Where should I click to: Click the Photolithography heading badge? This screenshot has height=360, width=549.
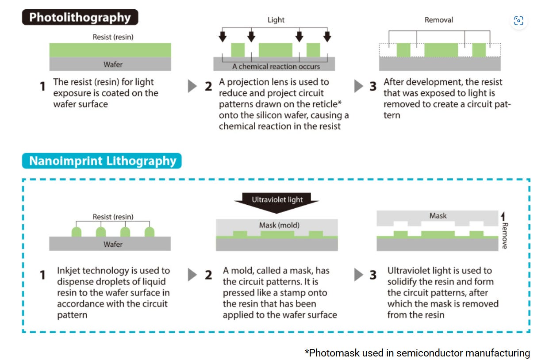click(80, 18)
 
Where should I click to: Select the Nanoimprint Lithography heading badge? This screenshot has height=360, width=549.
click(102, 161)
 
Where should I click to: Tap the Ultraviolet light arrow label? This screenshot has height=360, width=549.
click(277, 199)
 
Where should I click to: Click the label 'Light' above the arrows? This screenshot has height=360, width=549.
click(276, 20)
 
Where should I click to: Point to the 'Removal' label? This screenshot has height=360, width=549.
click(439, 20)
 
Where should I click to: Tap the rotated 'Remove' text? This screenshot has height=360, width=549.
click(505, 235)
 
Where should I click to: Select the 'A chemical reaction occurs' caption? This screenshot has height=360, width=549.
click(276, 66)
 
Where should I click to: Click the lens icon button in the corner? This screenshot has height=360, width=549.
click(518, 21)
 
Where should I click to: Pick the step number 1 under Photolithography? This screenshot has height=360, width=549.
click(43, 86)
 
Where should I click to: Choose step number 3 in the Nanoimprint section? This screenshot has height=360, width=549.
click(373, 275)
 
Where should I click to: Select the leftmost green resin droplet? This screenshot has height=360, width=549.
click(76, 231)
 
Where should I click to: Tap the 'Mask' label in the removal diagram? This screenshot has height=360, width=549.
click(438, 216)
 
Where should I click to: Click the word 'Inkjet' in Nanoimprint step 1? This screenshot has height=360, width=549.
click(69, 271)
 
